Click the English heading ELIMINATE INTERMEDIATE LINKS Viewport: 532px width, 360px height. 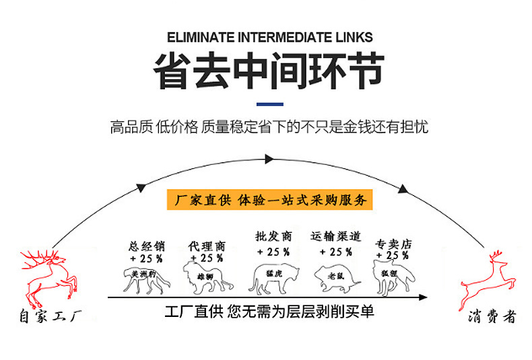(x=269, y=37)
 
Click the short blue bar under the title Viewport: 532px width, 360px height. (x=270, y=104)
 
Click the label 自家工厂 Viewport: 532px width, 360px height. (x=51, y=315)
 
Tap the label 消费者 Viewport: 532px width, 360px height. (x=491, y=316)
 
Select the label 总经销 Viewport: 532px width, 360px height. (x=146, y=246)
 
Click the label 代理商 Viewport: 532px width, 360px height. (x=206, y=246)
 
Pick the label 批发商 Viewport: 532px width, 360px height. (x=273, y=237)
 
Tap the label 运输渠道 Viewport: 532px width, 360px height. (x=336, y=237)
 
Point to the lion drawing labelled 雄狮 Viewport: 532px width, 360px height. (x=207, y=278)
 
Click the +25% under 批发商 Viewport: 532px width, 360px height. (x=273, y=252)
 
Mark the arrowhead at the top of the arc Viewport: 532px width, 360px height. (x=269, y=159)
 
